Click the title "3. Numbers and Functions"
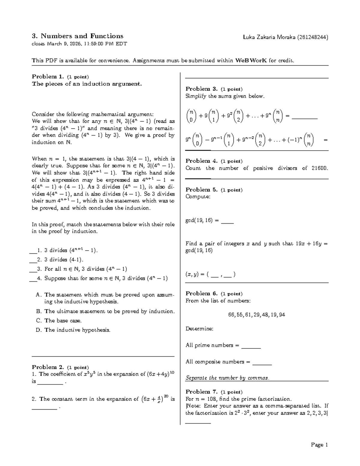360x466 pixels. pyautogui.click(x=77, y=36)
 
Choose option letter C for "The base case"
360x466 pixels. pyautogui.click(x=38, y=321)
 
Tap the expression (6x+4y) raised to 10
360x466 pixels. pyautogui.click(x=160, y=374)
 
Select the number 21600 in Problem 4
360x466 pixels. pyautogui.click(x=319, y=168)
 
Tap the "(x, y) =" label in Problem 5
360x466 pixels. pyautogui.click(x=195, y=274)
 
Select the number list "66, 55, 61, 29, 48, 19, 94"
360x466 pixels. pyautogui.click(x=256, y=315)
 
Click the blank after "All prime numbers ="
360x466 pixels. pyautogui.click(x=251, y=346)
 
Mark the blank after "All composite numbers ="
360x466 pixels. pyautogui.click(x=262, y=362)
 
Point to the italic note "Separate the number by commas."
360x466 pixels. pyautogui.click(x=227, y=378)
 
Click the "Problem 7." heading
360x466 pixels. pyautogui.click(x=202, y=392)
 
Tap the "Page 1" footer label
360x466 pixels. pyautogui.click(x=319, y=445)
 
